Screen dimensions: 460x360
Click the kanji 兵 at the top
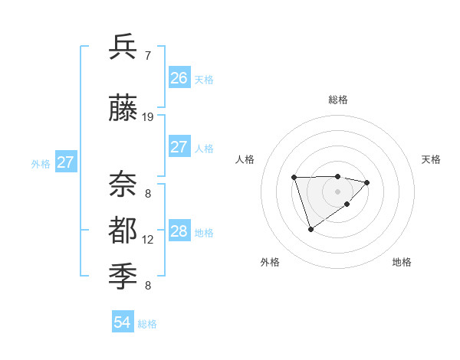pos(123,47)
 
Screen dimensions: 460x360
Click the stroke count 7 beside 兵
pos(147,55)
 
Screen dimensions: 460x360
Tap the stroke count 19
pos(148,117)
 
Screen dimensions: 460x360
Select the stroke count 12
pos(148,240)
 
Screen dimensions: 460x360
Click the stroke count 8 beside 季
pos(147,286)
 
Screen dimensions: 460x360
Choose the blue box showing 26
pos(179,78)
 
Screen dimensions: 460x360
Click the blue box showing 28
pos(179,231)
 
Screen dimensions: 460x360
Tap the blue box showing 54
pos(122,322)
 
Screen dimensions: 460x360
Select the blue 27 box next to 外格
pos(66,162)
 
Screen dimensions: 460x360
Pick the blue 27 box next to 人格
pos(179,147)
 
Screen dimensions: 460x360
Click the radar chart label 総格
pos(337,100)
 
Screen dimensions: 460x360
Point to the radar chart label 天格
pos(431,159)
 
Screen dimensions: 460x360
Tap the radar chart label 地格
pos(402,262)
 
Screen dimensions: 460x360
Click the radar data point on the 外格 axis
pos(310,229)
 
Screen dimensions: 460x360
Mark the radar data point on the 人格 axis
pos(294,178)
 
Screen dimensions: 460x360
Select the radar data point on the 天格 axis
pos(367,182)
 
